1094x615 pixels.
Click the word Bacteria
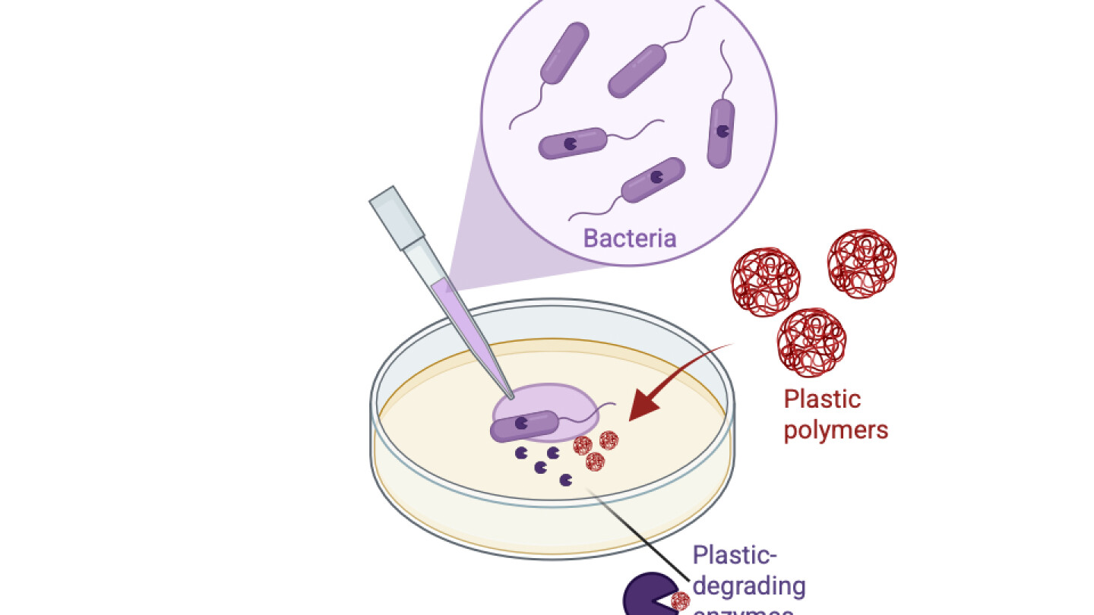pos(629,238)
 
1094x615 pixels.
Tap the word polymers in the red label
pos(836,430)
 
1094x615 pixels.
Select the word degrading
pos(748,585)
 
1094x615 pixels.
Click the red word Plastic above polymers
pos(822,399)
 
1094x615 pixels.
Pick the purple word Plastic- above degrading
pos(735,555)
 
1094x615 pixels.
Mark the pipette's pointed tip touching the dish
pos(510,396)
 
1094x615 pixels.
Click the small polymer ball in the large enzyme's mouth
pos(680,602)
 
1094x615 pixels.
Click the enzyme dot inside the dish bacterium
pos(522,424)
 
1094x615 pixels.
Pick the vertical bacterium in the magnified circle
pos(721,133)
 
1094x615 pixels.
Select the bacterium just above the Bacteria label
pos(653,180)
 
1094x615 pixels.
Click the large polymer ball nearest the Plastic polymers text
pos(811,341)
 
